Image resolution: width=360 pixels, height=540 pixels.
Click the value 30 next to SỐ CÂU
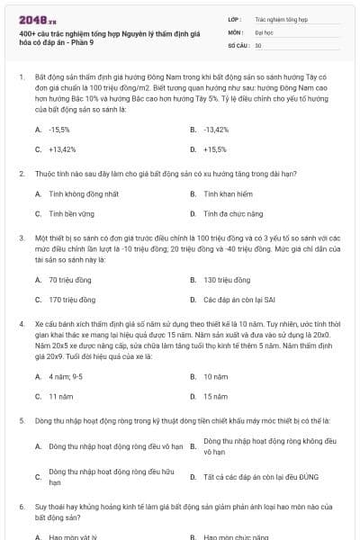click(x=258, y=44)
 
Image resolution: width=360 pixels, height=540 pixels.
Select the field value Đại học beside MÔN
click(x=262, y=31)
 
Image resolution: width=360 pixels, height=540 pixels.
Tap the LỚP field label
click(x=236, y=18)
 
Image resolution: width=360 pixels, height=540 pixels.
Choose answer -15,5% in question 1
click(x=60, y=130)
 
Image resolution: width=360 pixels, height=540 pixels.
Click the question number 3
click(x=21, y=238)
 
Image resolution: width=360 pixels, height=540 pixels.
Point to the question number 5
click(x=21, y=420)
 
